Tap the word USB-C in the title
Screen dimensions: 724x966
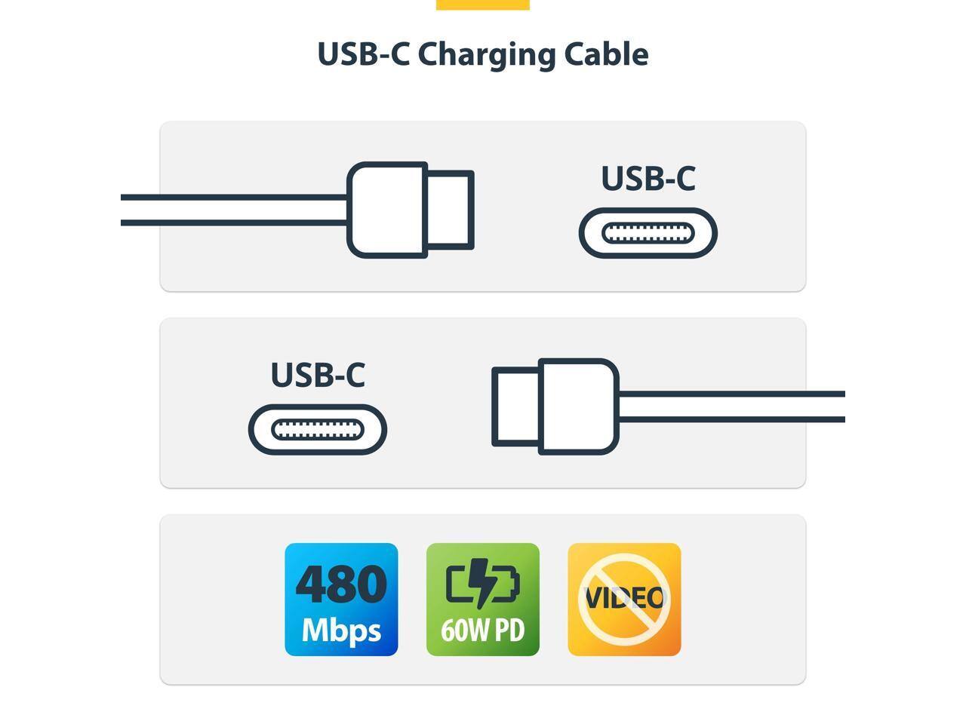(x=363, y=54)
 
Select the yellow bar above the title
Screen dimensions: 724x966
(x=483, y=5)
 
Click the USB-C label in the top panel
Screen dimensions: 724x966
(x=648, y=179)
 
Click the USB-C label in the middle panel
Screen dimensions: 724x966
(x=318, y=375)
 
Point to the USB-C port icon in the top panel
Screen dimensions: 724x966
(x=648, y=233)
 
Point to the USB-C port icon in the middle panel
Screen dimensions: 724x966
(x=318, y=430)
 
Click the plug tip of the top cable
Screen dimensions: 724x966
(x=451, y=210)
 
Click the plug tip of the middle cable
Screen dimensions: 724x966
(x=515, y=406)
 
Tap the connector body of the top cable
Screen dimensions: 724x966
(x=386, y=210)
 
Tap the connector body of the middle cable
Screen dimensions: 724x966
(x=579, y=406)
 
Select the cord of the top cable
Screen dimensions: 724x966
(x=234, y=210)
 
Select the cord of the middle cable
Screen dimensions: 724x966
(x=732, y=406)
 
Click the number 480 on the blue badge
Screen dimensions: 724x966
(x=341, y=584)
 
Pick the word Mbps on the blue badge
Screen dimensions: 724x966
(x=341, y=629)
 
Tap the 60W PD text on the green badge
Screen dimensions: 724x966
(x=483, y=630)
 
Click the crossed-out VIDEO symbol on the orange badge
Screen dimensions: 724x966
(x=624, y=599)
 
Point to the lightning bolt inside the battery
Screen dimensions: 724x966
(x=481, y=583)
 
